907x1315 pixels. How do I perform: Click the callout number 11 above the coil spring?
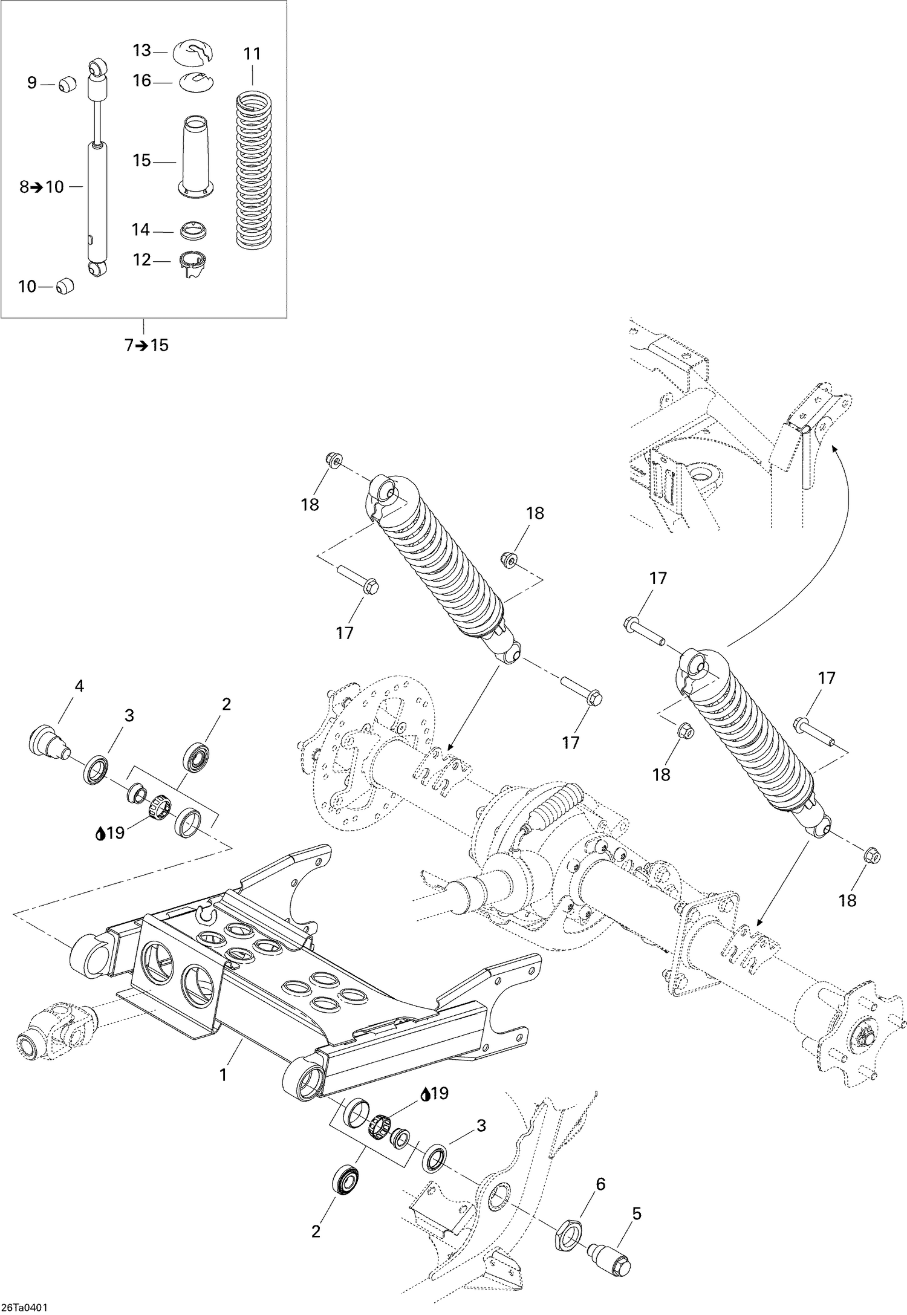pos(252,54)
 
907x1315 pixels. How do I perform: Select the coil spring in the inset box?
pos(252,169)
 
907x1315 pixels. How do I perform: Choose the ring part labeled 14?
pos(195,230)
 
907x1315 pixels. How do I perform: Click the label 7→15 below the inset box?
pos(146,346)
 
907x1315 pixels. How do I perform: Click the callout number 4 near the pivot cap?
pos(79,686)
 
